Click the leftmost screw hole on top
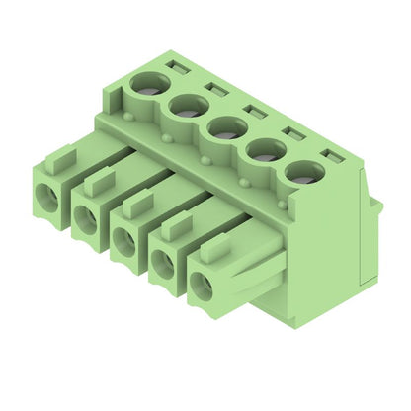(150, 85)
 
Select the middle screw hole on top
(226, 127)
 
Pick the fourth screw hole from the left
(265, 149)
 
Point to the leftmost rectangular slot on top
(178, 67)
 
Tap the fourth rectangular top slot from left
(291, 131)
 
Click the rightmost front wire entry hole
(202, 288)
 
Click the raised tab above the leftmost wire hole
(61, 157)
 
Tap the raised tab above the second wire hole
(99, 180)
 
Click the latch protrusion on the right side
(376, 205)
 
